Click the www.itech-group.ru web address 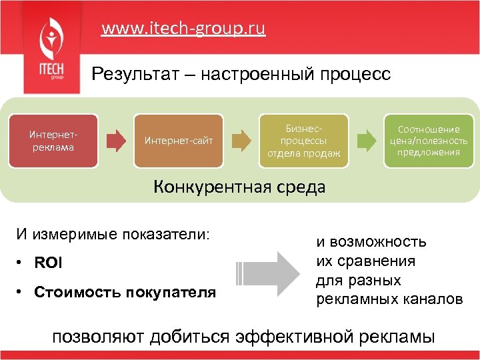[183, 29]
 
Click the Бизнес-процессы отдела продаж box [303, 140]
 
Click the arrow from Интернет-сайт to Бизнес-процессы [242, 140]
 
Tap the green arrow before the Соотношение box [366, 140]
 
